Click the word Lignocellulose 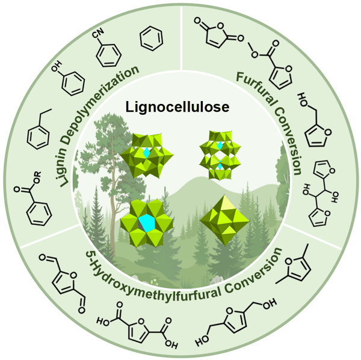177,107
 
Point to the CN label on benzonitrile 98,33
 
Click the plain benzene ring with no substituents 151,38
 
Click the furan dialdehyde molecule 63,284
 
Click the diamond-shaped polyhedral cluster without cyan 224,219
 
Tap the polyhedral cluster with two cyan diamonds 220,155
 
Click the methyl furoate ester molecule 272,64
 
